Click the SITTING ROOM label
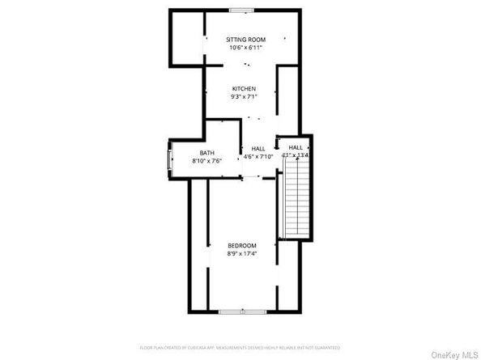[x=245, y=39]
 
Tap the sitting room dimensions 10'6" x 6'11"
[x=245, y=48]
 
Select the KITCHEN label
[x=244, y=88]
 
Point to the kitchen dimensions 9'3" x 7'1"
[x=244, y=97]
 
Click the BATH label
[x=206, y=152]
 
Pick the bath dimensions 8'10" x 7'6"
[x=206, y=161]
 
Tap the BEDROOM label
[x=241, y=245]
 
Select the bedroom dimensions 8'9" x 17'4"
[x=241, y=254]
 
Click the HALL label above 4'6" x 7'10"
[x=258, y=148]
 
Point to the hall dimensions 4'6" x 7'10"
[x=258, y=157]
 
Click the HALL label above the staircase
[x=296, y=146]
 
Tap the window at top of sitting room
[x=240, y=10]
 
